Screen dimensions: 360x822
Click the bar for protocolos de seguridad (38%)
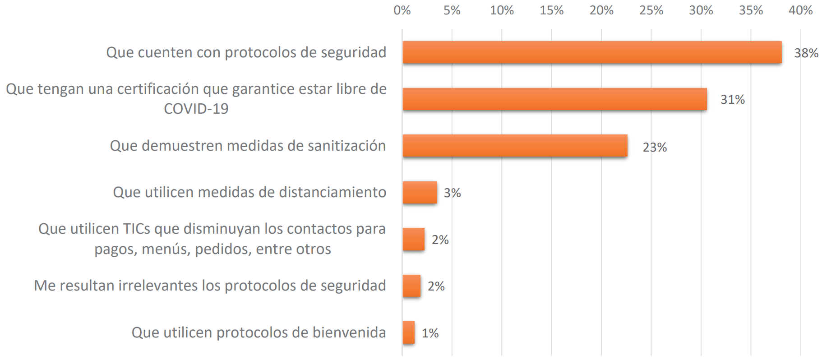(592, 52)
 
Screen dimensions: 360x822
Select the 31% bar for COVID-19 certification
(554, 99)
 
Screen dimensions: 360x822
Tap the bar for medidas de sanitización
(515, 146)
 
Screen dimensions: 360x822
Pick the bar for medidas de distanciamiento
(420, 193)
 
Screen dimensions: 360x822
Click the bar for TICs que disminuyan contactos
(414, 239)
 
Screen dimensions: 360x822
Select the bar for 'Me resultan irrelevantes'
(411, 286)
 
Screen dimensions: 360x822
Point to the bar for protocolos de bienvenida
(409, 332)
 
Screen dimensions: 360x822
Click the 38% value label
(806, 53)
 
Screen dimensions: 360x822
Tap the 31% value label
(732, 100)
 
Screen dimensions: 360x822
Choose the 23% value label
(654, 148)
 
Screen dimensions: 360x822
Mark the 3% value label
(452, 193)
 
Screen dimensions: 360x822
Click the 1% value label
(430, 333)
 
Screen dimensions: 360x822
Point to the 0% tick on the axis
(402, 10)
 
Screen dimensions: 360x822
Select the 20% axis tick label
(601, 10)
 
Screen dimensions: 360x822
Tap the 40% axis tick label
(800, 10)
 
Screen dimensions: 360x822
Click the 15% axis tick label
(551, 10)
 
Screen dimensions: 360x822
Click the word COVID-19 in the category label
(196, 109)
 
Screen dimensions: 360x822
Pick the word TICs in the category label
(137, 229)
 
